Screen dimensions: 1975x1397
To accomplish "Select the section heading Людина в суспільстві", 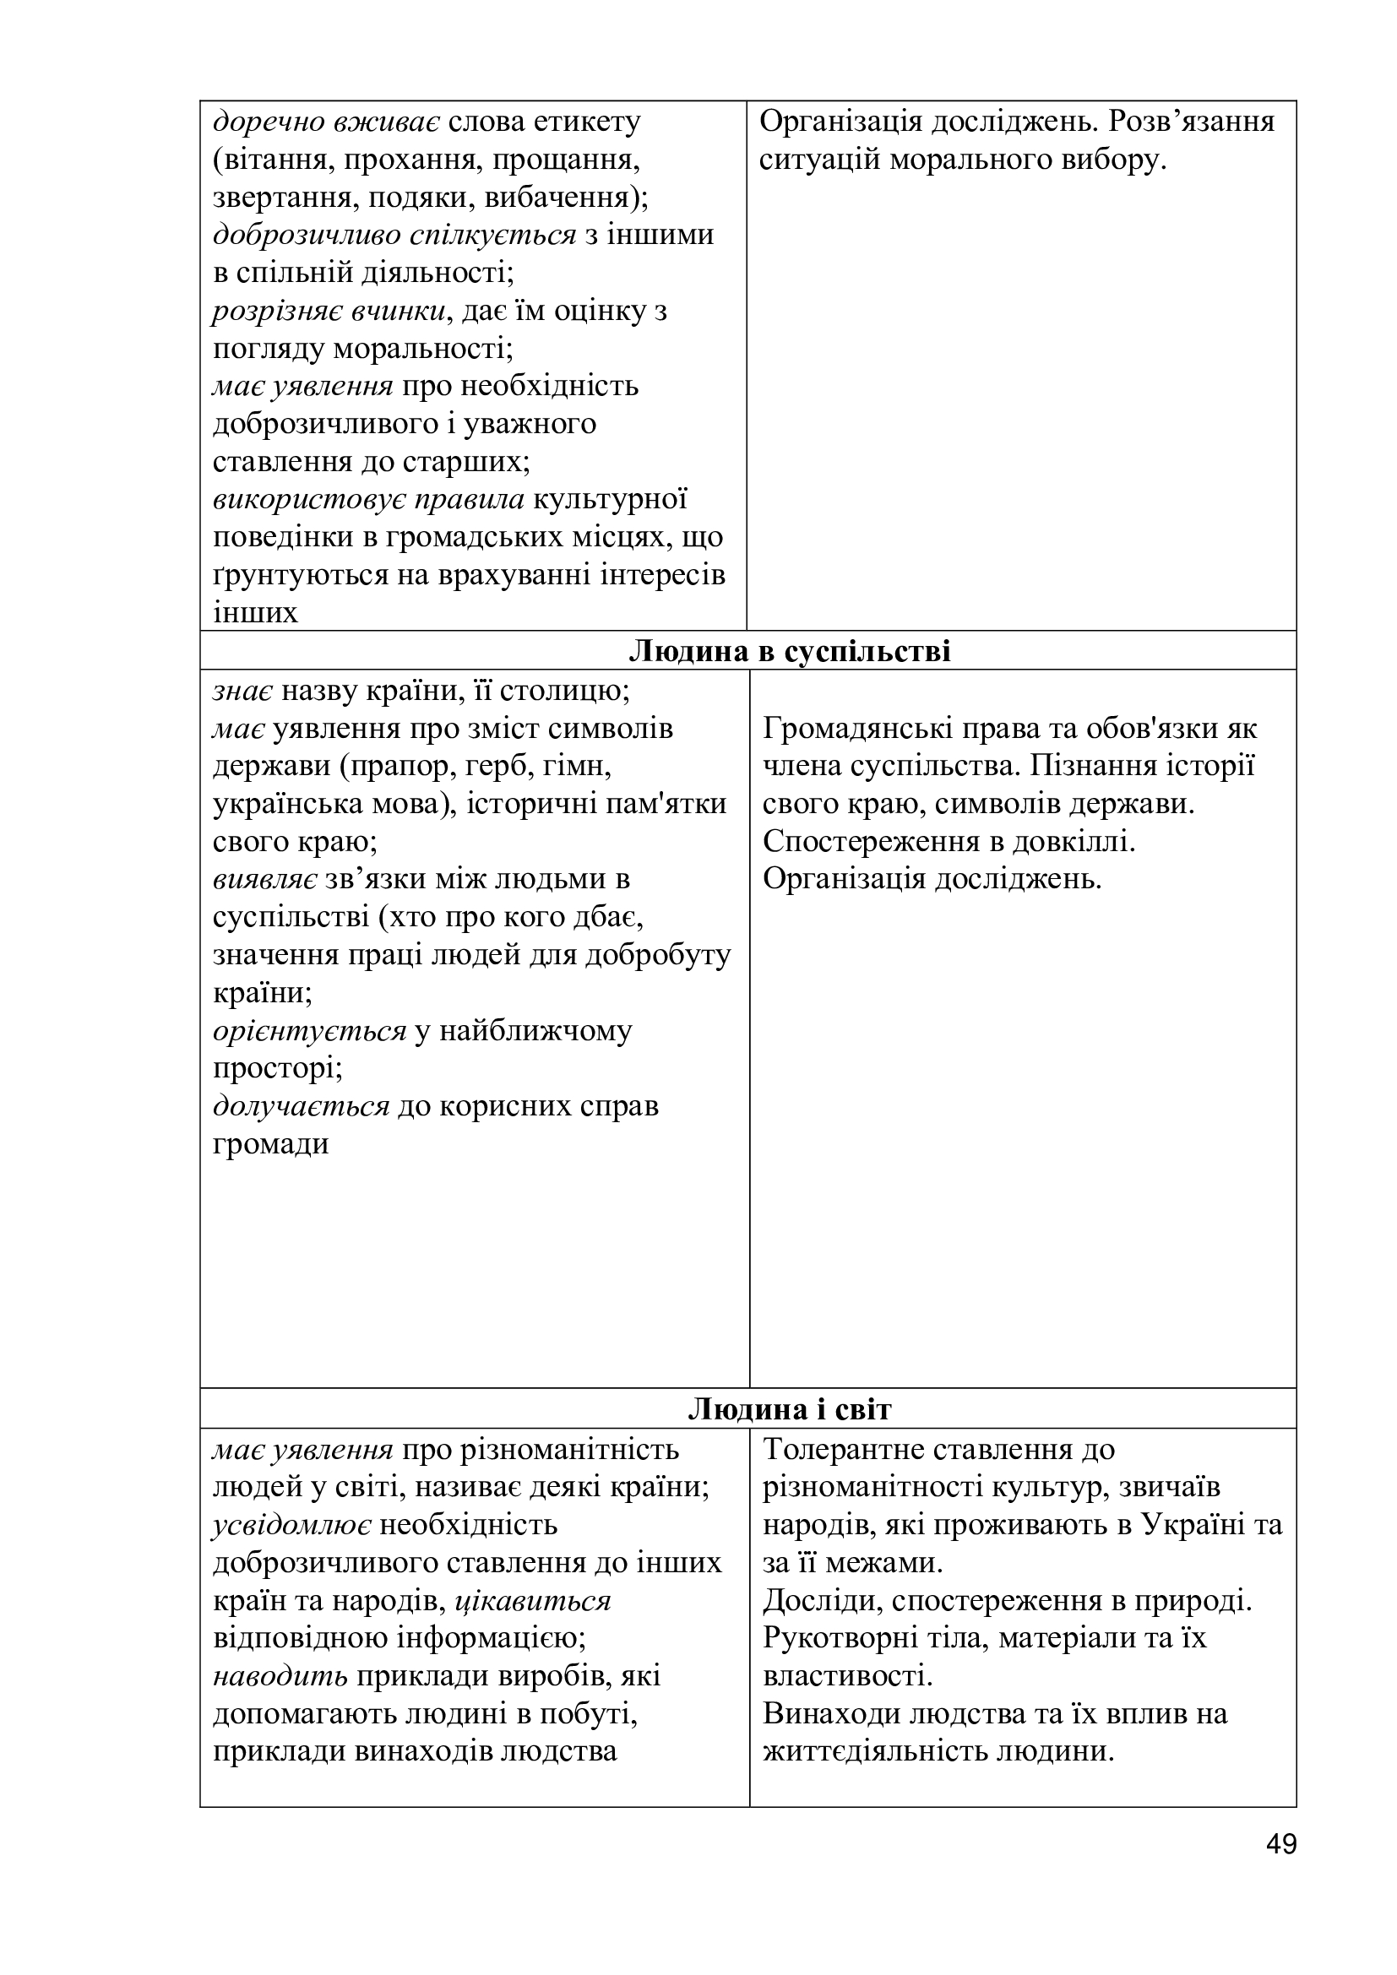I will point(790,650).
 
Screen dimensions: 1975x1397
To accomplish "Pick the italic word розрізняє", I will point(277,311).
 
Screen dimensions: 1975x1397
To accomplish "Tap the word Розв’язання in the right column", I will point(1191,122).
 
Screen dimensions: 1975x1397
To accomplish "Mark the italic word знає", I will point(243,690).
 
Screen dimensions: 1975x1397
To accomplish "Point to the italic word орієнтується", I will point(309,1029).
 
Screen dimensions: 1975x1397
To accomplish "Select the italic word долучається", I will point(301,1105).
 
